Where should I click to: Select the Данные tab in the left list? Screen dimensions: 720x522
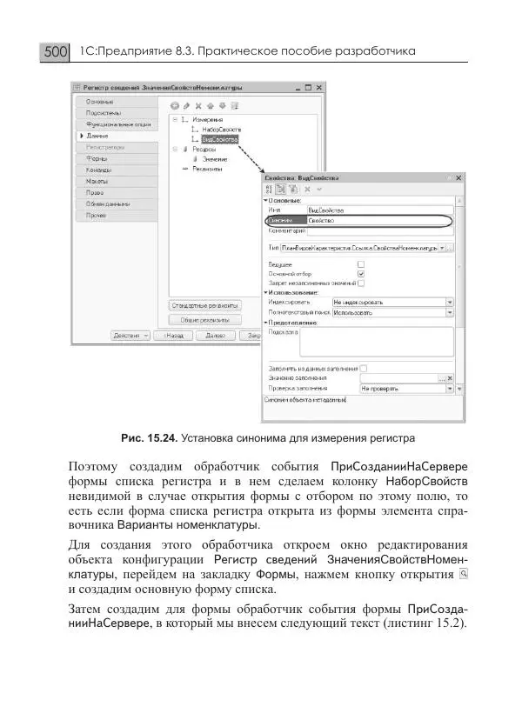[97, 137]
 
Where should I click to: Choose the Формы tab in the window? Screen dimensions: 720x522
[97, 159]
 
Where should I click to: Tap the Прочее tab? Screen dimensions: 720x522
[97, 215]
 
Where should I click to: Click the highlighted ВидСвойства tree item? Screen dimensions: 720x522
[218, 138]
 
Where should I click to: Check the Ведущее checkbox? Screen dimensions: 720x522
[361, 263]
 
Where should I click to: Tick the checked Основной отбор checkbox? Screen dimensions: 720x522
[361, 272]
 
